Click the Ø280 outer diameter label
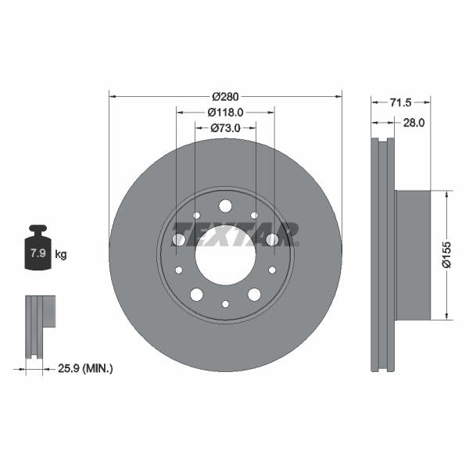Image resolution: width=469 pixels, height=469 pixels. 225,96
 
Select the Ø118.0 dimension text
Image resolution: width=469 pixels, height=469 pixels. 226,112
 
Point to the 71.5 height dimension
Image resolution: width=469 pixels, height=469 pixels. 400,102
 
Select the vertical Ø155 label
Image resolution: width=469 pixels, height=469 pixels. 446,255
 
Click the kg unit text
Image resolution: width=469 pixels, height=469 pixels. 61,254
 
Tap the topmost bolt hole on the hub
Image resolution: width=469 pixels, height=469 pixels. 225,206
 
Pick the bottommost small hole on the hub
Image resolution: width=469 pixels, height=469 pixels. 225,304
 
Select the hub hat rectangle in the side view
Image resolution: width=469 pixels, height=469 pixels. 413,255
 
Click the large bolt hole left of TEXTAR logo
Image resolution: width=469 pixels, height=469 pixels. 179,239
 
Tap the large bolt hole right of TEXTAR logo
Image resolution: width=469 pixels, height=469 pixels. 272,239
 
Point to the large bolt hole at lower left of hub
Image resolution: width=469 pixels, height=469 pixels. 196,294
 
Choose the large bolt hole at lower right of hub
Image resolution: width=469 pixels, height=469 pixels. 254,294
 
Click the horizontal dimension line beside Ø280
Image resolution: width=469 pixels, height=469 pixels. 156,96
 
